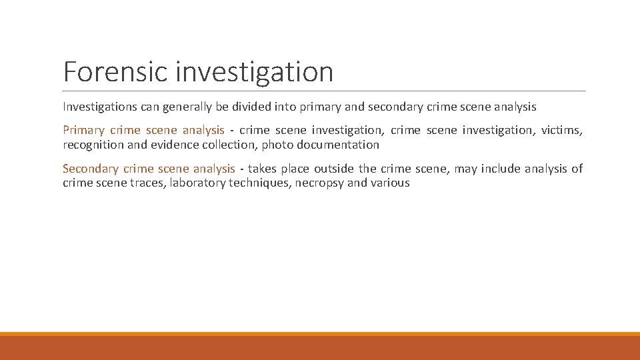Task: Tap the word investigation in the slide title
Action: click(255, 72)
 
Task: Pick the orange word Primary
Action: click(83, 130)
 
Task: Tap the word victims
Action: click(561, 130)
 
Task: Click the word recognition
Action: click(93, 145)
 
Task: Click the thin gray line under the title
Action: click(324, 91)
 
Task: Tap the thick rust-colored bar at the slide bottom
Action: click(320, 348)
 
